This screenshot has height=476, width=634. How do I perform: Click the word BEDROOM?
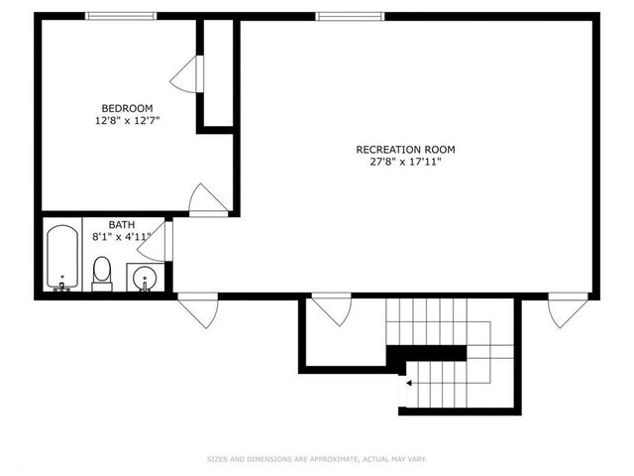[127, 108]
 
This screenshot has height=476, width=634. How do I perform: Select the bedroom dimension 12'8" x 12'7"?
[127, 120]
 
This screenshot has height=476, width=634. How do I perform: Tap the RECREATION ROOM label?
[405, 150]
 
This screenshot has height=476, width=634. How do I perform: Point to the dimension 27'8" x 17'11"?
[405, 162]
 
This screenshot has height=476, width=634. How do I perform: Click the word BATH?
[107, 225]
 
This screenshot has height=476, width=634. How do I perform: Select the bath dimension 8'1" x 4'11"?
[121, 237]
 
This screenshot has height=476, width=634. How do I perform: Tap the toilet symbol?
[102, 272]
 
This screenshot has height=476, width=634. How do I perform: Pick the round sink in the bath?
[145, 277]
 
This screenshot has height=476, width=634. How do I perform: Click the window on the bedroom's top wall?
[120, 16]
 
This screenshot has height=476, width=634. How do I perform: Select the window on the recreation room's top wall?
[350, 16]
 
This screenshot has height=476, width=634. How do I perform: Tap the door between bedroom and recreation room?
[208, 200]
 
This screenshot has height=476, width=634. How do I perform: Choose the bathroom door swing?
[157, 245]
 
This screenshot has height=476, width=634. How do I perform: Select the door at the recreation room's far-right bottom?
[568, 309]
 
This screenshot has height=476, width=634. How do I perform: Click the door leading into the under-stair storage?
[331, 309]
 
